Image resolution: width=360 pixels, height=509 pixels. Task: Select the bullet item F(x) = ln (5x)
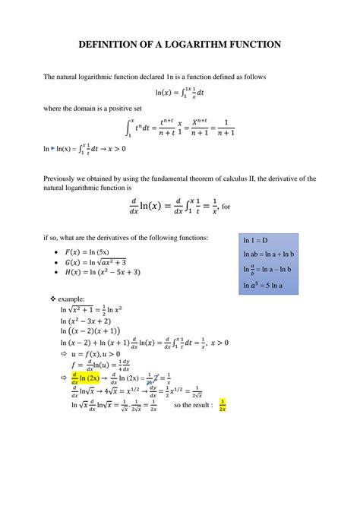[x=90, y=251]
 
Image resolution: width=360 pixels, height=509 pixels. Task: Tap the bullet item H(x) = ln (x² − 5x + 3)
[x=103, y=273]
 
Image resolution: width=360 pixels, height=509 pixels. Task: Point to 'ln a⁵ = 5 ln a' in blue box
[x=263, y=286]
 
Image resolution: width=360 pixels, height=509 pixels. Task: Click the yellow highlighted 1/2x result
[x=223, y=404]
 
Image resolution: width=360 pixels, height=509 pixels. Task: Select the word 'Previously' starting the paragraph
[x=62, y=178]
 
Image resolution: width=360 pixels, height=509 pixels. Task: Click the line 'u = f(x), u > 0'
[x=96, y=353]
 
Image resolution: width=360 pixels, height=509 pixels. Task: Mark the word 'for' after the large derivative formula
[x=226, y=206]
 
